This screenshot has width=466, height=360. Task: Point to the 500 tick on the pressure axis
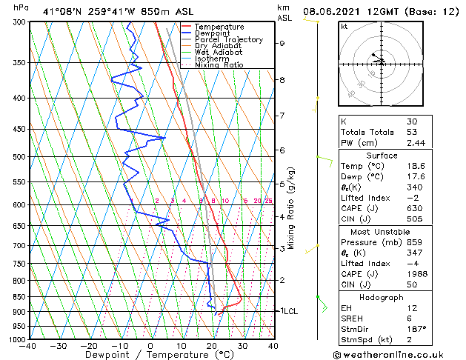[x=16, y=157]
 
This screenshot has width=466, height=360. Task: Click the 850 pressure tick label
[x=16, y=296]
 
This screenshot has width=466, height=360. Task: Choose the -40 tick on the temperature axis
[x=28, y=345]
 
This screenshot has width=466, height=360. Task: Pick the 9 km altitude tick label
[x=282, y=43]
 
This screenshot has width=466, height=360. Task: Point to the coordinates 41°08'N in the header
[x=62, y=12]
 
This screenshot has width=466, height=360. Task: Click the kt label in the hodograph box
[x=344, y=26]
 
